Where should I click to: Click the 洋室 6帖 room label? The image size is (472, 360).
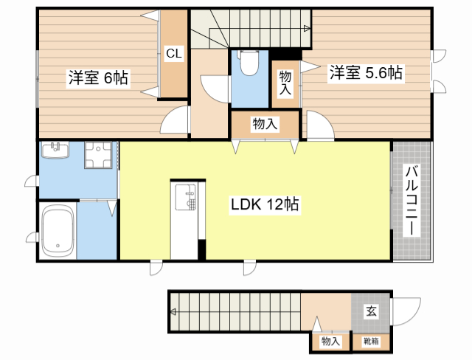[99, 77]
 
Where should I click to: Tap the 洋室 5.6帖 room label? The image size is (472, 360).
[366, 72]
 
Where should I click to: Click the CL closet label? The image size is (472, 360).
[174, 54]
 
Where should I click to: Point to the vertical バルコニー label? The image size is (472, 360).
[412, 201]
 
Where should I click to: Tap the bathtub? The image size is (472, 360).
[57, 230]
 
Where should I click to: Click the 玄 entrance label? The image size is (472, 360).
[370, 311]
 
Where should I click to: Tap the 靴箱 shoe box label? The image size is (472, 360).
[370, 341]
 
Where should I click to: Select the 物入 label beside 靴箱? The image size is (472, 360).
[330, 341]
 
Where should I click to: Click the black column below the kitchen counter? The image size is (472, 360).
[201, 250]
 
